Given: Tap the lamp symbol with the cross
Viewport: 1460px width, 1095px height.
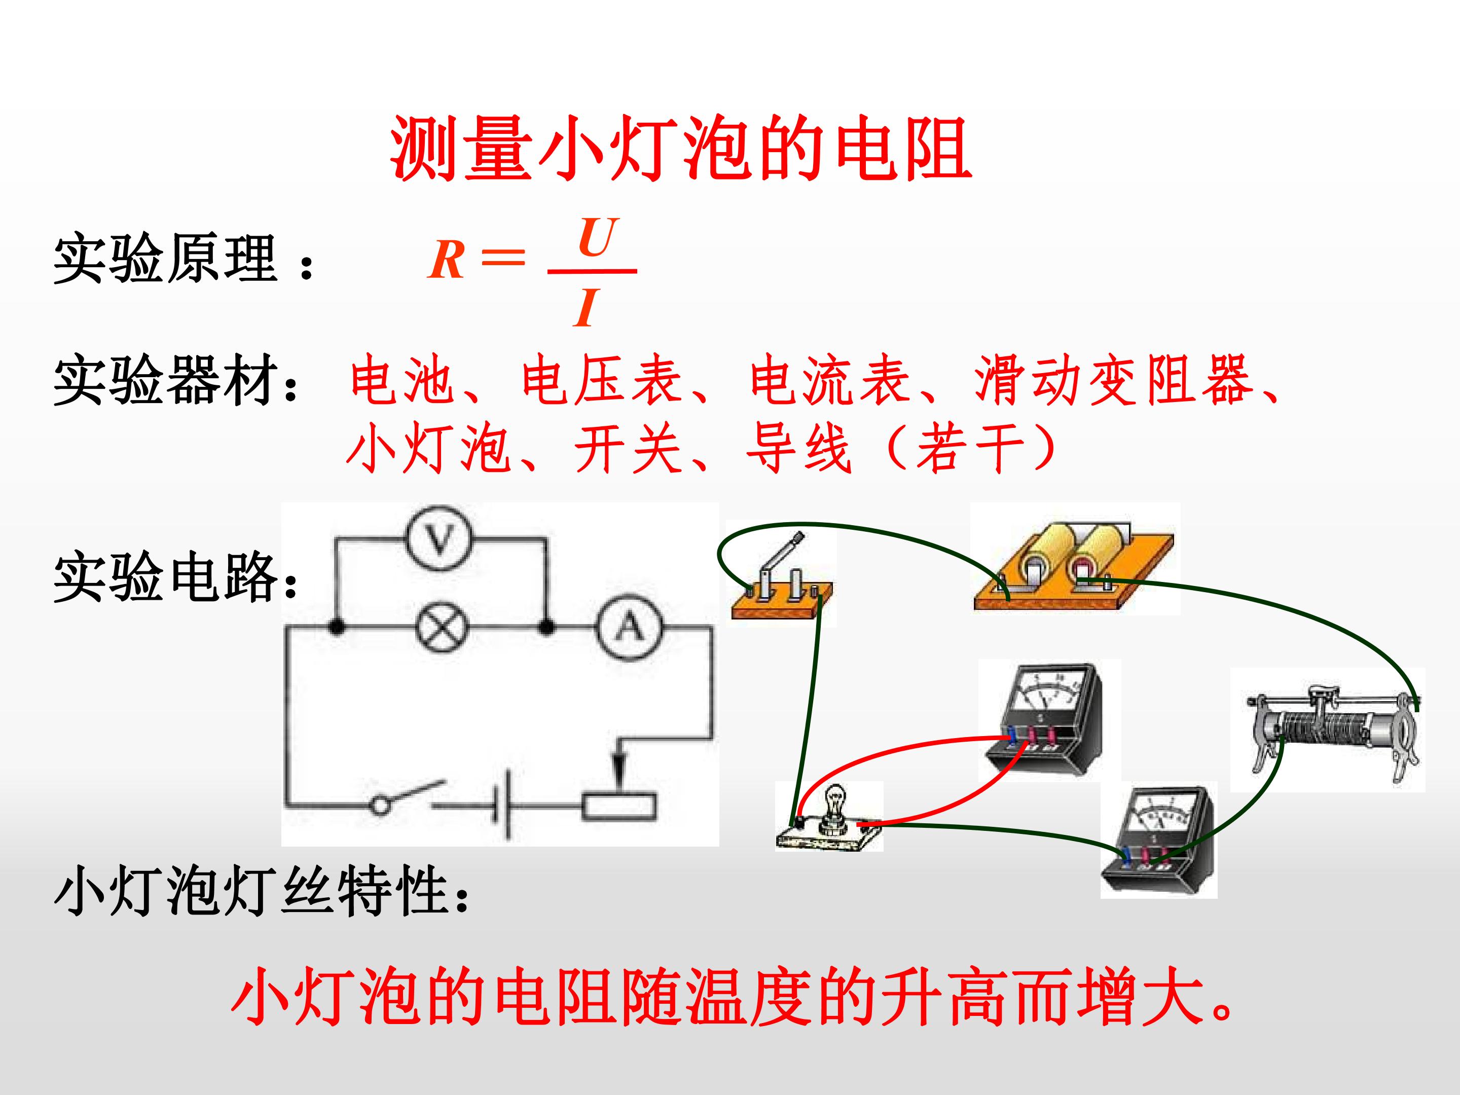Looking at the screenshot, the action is pos(442,627).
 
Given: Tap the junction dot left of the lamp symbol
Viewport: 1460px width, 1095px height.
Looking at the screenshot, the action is pos(337,627).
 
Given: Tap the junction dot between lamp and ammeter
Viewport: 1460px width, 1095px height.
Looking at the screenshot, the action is pos(546,627).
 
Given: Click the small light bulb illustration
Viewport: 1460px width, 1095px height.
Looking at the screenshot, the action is pos(829,817).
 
